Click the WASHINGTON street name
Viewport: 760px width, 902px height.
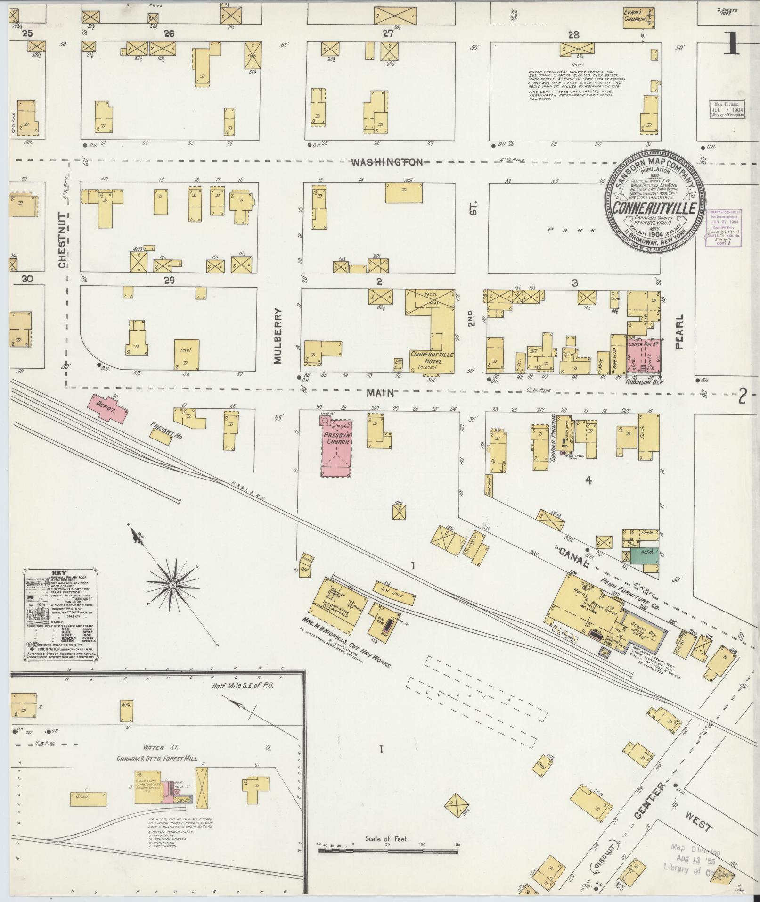(387, 162)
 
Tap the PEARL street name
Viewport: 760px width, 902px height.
(679, 332)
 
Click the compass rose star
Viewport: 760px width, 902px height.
(172, 585)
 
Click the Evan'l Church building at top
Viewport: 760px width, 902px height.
(637, 17)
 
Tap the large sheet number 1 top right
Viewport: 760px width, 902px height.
(729, 46)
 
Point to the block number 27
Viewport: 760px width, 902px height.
(388, 34)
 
